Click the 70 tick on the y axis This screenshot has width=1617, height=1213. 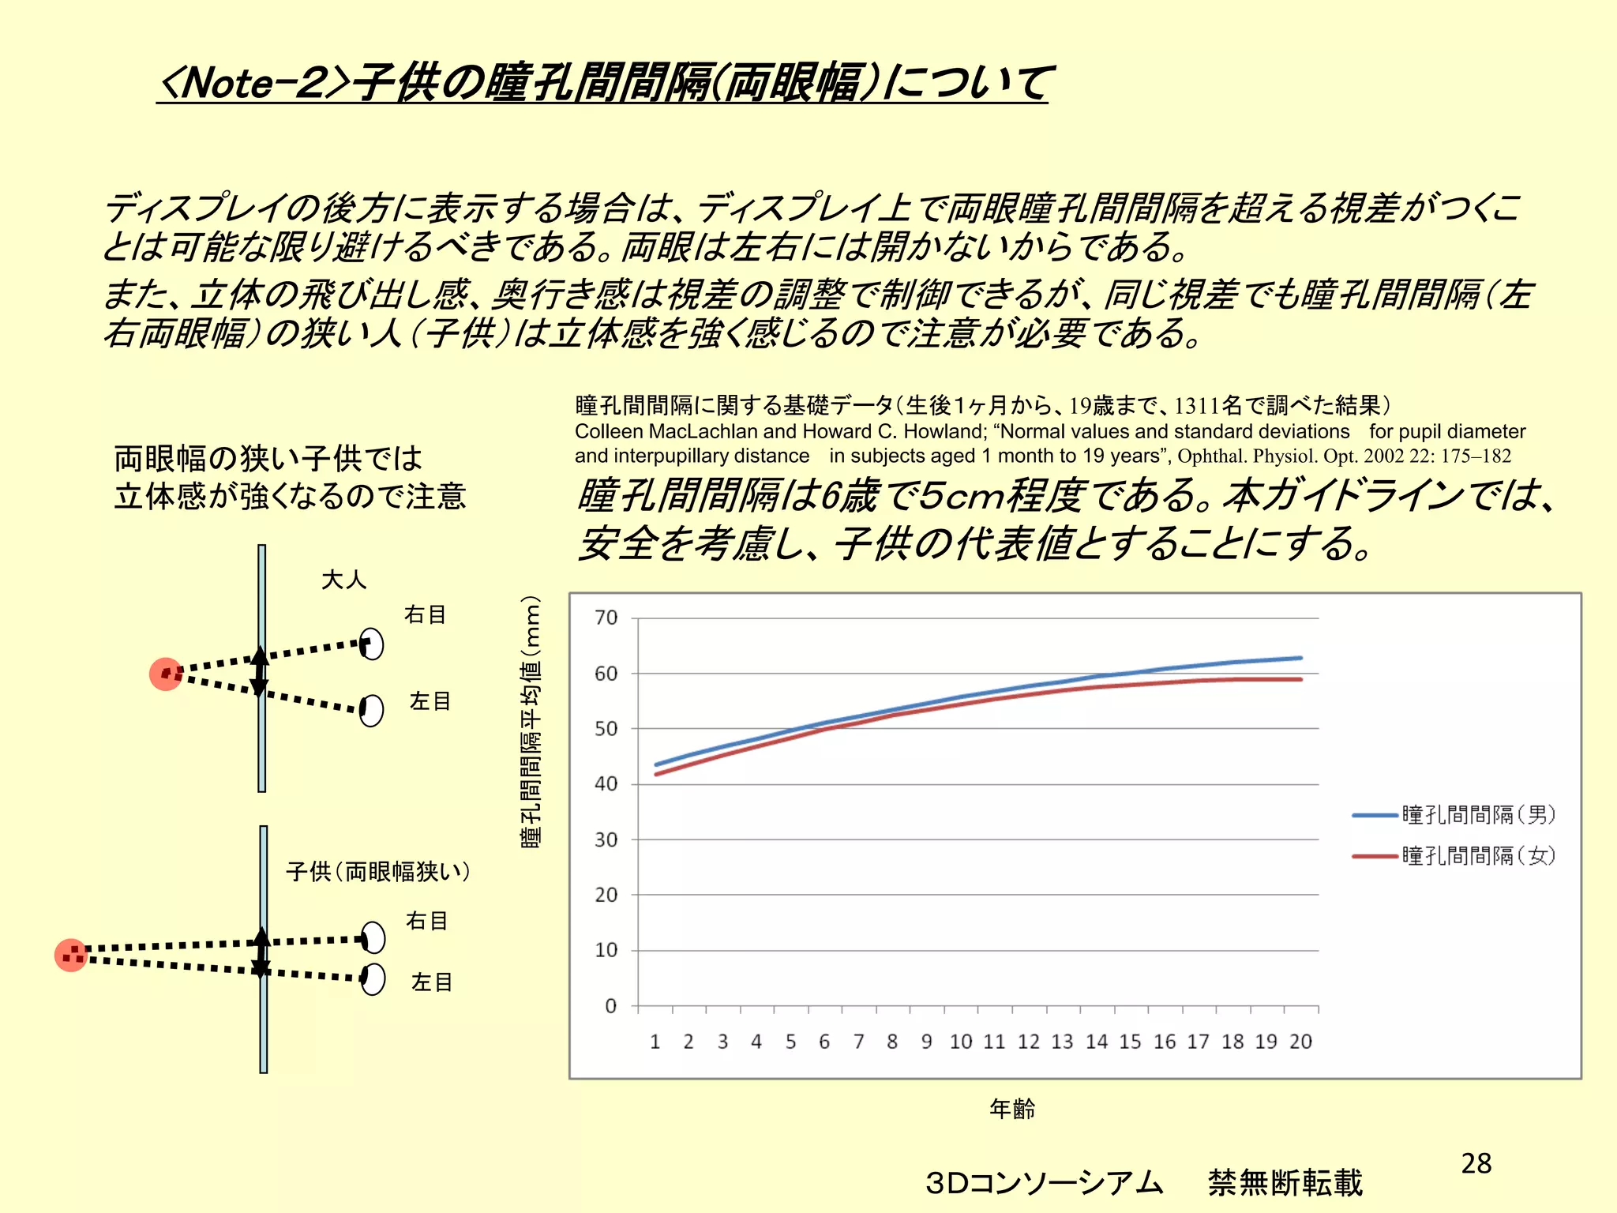(x=606, y=618)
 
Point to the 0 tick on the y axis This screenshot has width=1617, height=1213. (x=610, y=1006)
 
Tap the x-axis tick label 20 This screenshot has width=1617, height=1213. (x=1300, y=1042)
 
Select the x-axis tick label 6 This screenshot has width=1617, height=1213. (x=824, y=1042)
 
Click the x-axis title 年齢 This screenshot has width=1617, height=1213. (x=1012, y=1109)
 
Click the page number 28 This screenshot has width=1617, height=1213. (x=1476, y=1163)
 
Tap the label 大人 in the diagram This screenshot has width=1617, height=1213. (x=343, y=580)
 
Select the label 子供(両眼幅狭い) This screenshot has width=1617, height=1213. (x=378, y=871)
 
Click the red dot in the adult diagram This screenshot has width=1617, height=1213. (x=166, y=674)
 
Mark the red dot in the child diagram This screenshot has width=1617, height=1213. (x=71, y=955)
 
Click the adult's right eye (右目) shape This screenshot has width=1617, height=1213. (x=371, y=644)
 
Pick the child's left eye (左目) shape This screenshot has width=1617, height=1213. (x=373, y=979)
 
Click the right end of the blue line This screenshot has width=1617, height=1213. (x=1300, y=658)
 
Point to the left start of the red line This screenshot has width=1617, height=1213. (x=656, y=774)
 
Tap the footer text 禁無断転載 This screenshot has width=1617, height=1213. (x=1285, y=1182)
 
